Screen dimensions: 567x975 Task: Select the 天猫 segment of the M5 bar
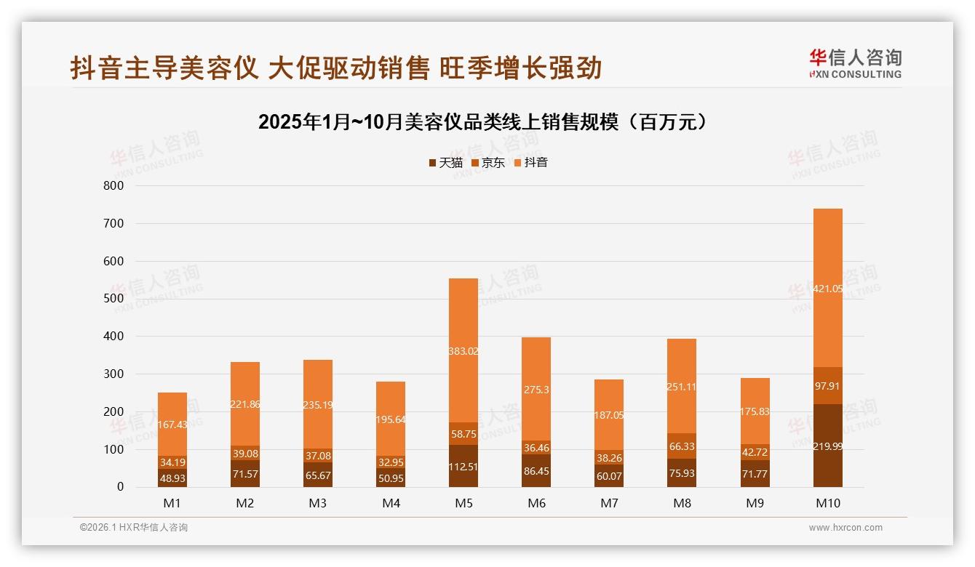tap(463, 466)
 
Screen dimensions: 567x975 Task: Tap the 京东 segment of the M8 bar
tap(682, 446)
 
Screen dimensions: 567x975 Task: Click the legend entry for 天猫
tap(445, 163)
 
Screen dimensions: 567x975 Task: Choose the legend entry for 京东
tap(488, 163)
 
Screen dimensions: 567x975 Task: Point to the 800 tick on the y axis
tap(114, 185)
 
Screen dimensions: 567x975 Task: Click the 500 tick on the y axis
tap(114, 299)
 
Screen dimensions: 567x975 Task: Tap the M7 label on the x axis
tap(609, 503)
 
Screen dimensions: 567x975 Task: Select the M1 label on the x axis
tap(172, 503)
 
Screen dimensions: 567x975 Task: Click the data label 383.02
tap(463, 351)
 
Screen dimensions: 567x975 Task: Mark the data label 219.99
tap(827, 446)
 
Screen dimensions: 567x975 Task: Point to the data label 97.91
tap(827, 386)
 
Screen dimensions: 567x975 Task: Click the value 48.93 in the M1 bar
tap(172, 479)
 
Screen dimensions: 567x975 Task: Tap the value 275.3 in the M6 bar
tap(536, 390)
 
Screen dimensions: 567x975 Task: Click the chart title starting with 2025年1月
tap(482, 122)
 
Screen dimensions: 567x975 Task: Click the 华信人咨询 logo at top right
tap(855, 63)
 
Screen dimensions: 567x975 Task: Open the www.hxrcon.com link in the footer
tap(845, 528)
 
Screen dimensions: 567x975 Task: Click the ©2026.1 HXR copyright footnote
tap(134, 528)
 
